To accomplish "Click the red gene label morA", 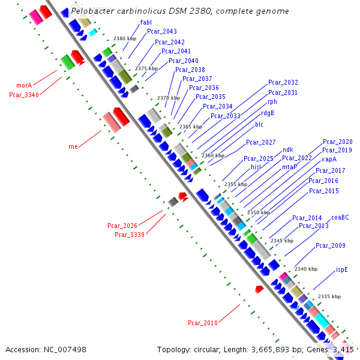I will point(24,86).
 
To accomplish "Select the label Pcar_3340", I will point(24,94).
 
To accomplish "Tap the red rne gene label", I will point(73,146).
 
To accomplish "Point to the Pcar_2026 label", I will point(122,226).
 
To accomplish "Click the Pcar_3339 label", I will point(130,235).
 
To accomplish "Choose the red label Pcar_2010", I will point(203,323).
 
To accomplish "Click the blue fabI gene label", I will point(146,22).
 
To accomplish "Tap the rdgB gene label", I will point(268,113).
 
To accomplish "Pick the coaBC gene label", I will point(340,217).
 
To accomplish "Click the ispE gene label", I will point(342,269).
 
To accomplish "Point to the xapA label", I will point(329,160).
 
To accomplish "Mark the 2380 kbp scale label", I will point(125,38).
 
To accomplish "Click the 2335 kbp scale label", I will point(329,296).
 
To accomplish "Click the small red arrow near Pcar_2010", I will point(259,289).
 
